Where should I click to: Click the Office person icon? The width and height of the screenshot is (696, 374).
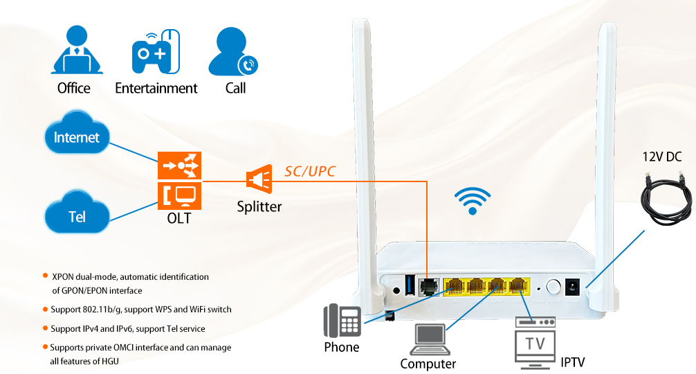(x=76, y=51)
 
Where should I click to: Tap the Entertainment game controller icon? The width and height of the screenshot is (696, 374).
(x=156, y=52)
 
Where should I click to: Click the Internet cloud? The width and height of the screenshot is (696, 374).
(x=77, y=137)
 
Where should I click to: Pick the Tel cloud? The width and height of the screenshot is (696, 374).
(x=77, y=216)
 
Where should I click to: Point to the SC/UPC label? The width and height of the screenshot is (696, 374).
(x=310, y=170)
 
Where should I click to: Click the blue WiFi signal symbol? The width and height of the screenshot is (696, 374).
(x=473, y=202)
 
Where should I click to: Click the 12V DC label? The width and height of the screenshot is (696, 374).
(x=663, y=157)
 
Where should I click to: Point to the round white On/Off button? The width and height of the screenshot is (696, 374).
(x=553, y=287)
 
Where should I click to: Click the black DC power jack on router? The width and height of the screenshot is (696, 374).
(x=574, y=287)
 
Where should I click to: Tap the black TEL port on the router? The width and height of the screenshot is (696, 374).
(x=430, y=286)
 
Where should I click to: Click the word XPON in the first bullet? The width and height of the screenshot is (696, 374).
(x=64, y=276)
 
